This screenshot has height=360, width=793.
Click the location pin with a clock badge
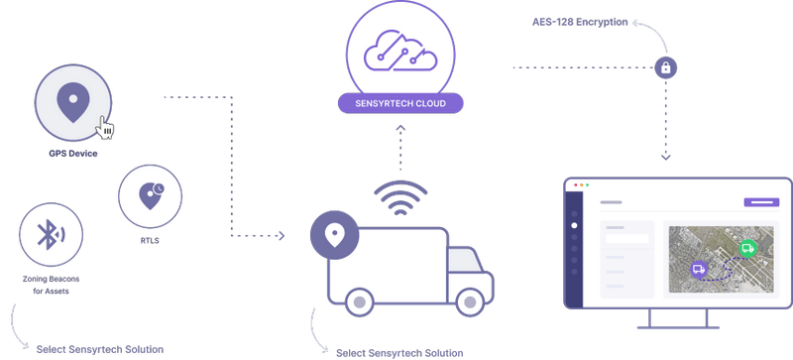[x=151, y=194]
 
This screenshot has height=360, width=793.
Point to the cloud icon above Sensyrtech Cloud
[x=401, y=54]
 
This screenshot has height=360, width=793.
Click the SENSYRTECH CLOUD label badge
[x=401, y=102]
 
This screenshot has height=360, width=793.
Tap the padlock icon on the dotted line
[x=666, y=67]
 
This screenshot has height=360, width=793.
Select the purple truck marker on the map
[x=699, y=268]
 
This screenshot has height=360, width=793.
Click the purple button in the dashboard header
[x=761, y=202]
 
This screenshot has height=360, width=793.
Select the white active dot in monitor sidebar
[x=574, y=225]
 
